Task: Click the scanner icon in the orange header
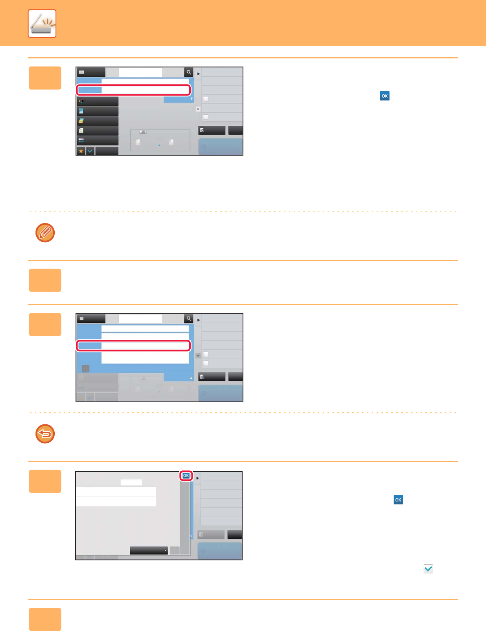(x=42, y=24)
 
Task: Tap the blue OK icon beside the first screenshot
(x=385, y=96)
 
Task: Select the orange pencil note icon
(x=45, y=233)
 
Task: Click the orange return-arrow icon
(x=45, y=434)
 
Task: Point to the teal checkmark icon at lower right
(x=428, y=569)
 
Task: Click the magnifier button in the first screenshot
(x=189, y=72)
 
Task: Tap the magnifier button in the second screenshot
(x=189, y=319)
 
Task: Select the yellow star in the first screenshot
(x=81, y=151)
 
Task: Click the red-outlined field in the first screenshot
(x=134, y=90)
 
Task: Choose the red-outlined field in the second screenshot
(x=134, y=346)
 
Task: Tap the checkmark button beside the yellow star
(x=90, y=151)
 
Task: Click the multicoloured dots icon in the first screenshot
(x=81, y=101)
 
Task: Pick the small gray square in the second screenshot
(x=85, y=368)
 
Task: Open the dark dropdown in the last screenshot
(x=149, y=550)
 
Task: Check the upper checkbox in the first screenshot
(x=205, y=99)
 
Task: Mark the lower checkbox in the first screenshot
(x=205, y=117)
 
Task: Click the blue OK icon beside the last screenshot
(x=398, y=500)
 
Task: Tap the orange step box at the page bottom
(x=45, y=619)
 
